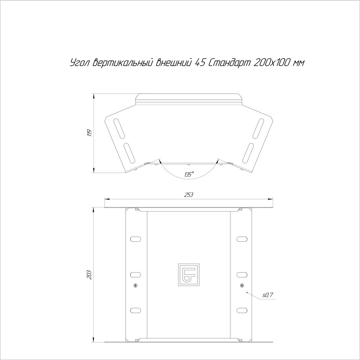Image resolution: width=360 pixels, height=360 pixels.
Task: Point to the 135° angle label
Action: click(x=189, y=174)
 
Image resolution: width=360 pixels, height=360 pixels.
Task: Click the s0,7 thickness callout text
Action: click(x=268, y=295)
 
